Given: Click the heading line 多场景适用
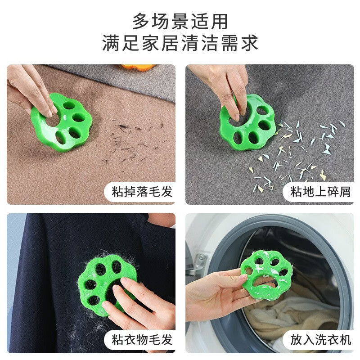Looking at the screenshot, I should pyautogui.click(x=180, y=21).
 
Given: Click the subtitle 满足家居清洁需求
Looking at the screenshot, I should pyautogui.click(x=180, y=44).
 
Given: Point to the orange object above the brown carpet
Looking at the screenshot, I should pyautogui.click(x=138, y=67).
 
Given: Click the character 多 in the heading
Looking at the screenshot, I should pyautogui.click(x=140, y=21).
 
